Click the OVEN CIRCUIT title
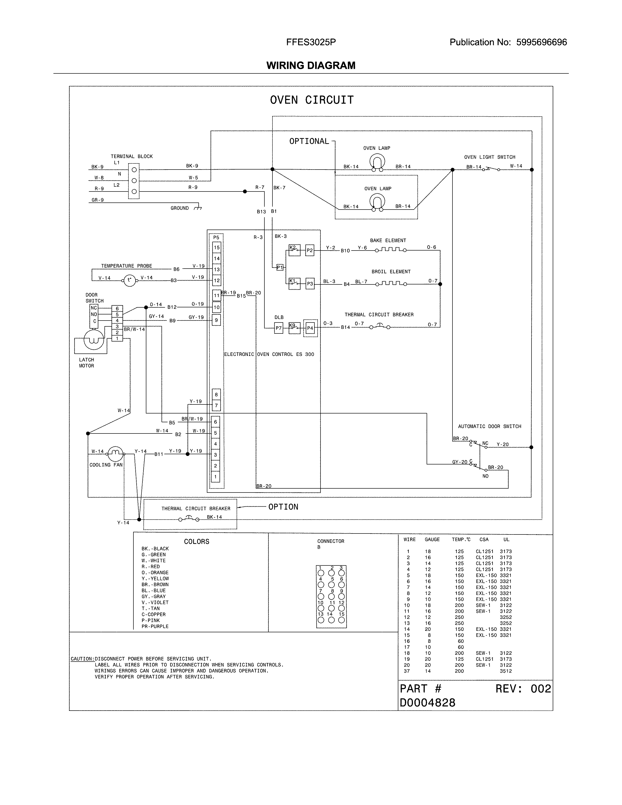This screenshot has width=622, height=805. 312,100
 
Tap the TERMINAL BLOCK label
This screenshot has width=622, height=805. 131,156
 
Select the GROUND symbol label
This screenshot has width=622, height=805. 180,208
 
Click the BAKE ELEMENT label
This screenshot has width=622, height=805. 388,240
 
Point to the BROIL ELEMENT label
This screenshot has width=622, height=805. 391,272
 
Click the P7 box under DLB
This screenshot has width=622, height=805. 279,328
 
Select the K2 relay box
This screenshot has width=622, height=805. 294,250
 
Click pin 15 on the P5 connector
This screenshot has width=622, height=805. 217,247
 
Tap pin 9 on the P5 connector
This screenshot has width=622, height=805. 216,320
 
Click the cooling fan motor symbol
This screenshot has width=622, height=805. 115,453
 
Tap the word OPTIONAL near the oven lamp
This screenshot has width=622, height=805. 309,141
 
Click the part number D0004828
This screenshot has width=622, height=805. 427,703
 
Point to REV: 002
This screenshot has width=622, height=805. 523,689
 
